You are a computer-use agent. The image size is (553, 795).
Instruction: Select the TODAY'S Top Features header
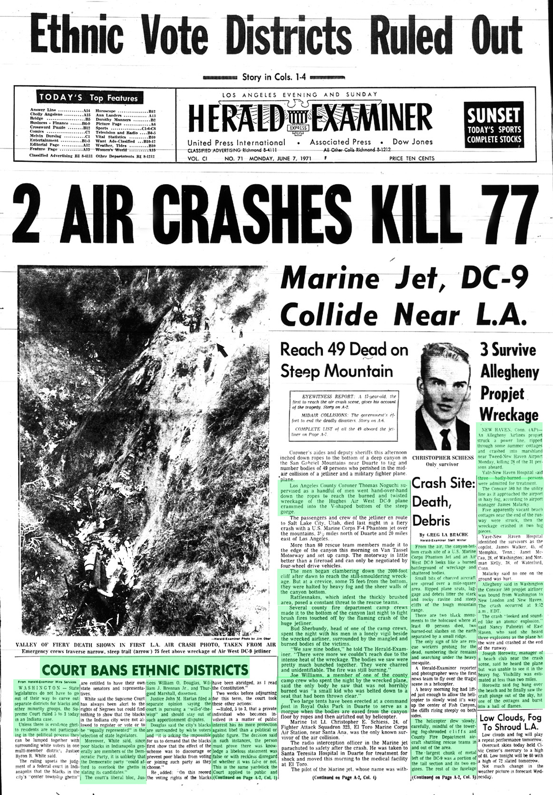pos(88,97)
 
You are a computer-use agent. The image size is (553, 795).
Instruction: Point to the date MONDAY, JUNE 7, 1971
pos(280,158)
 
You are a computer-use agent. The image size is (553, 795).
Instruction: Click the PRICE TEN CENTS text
pos(412,158)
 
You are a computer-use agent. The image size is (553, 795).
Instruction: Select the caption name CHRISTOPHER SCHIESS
pos(442,458)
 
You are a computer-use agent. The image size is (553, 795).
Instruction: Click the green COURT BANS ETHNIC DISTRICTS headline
pos(145,669)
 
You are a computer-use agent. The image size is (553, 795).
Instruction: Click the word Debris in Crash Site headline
pos(431,520)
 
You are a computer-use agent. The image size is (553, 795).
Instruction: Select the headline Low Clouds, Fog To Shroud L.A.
pos(511,722)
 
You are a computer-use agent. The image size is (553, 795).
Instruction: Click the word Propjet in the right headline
pos(502,393)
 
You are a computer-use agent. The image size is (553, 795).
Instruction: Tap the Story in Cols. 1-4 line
pos(274,77)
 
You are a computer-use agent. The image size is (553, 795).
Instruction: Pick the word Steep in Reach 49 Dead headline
pos(300,371)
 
